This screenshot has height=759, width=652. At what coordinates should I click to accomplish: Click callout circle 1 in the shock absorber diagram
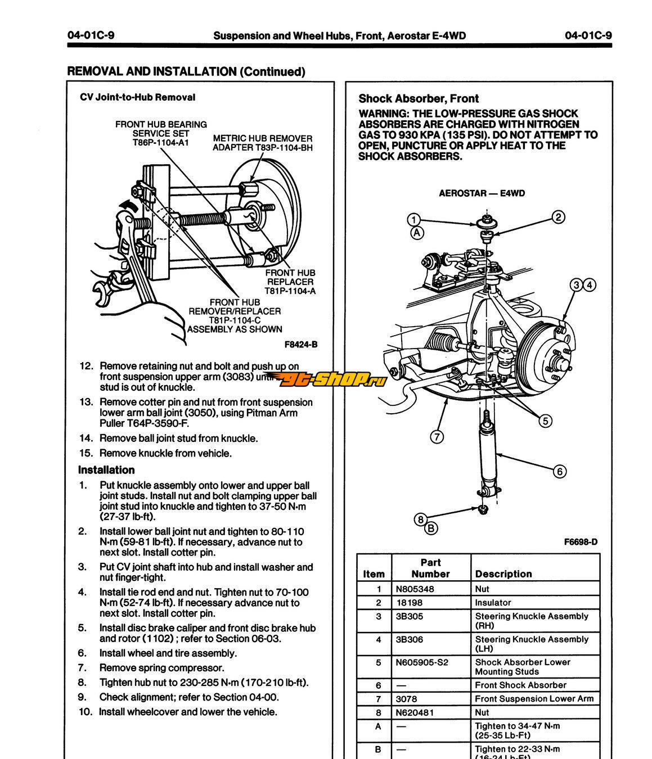tap(414, 220)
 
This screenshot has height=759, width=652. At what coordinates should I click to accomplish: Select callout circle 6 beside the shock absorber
tap(560, 471)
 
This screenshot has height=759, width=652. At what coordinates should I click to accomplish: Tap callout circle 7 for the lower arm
tap(437, 436)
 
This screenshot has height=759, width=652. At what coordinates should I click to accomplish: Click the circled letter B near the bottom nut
tap(431, 528)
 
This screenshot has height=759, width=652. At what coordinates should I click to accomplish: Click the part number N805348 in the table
tap(415, 589)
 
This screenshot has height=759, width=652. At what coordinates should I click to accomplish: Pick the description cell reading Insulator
tap(493, 602)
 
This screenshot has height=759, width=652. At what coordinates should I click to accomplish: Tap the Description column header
tap(503, 574)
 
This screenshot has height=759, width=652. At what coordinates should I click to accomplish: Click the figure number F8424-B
tap(301, 344)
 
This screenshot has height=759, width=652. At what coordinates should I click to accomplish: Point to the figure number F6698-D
tap(581, 542)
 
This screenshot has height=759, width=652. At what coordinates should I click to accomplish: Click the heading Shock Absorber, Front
tap(419, 99)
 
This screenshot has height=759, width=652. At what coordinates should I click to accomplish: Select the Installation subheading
tap(106, 470)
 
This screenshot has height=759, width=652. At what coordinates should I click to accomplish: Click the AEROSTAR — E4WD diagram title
tap(482, 193)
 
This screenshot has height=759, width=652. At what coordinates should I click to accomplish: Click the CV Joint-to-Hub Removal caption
tap(137, 97)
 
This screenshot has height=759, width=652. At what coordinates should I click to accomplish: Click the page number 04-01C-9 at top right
tap(588, 36)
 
